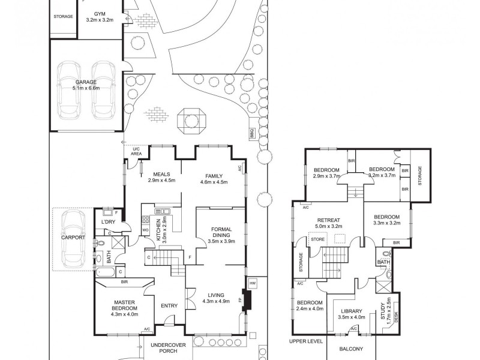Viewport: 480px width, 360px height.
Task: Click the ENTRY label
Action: pos(169,306)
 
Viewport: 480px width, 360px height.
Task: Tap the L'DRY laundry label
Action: pos(109,223)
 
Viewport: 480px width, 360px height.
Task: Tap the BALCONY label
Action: pos(351,349)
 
